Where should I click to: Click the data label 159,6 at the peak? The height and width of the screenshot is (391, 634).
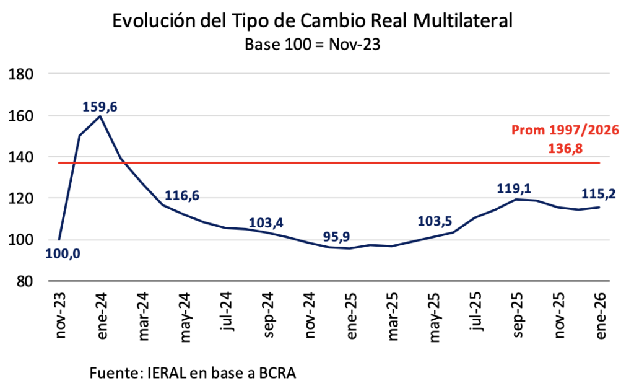click(x=100, y=107)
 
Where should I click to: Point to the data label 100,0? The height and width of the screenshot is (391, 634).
click(x=63, y=253)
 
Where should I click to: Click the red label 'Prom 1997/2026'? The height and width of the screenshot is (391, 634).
click(x=565, y=131)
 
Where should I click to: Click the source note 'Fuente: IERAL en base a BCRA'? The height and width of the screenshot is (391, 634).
click(x=193, y=374)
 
